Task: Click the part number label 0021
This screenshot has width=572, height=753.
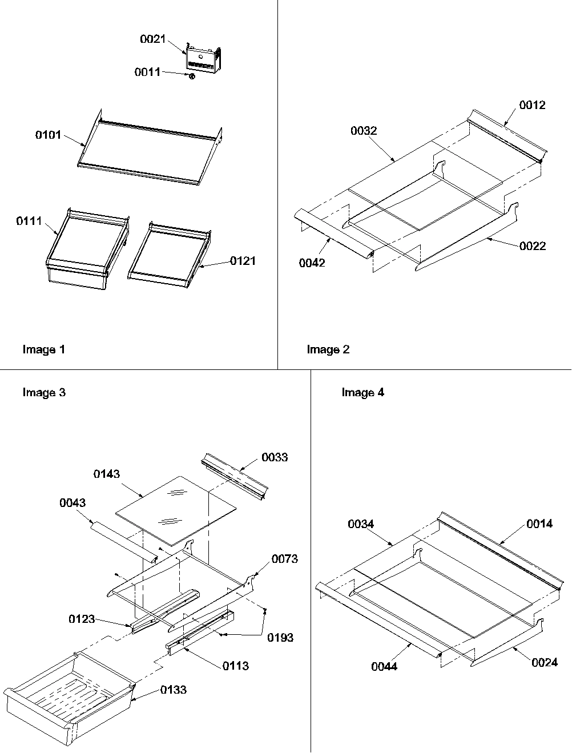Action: pos(152,39)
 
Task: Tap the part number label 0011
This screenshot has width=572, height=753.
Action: pos(147,73)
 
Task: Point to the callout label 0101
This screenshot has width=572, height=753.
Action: pos(48,135)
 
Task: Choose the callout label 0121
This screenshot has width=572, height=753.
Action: pos(243,261)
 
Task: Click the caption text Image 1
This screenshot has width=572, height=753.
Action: pos(43,349)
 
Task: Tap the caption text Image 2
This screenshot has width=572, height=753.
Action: pos(328,349)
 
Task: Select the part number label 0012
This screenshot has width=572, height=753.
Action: pos(532,105)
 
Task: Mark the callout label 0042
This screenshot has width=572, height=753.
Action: pos(312,263)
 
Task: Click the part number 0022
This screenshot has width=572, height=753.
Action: pos(532,246)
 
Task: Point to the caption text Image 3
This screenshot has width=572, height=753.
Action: pos(44,392)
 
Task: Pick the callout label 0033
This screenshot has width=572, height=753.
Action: pos(275,457)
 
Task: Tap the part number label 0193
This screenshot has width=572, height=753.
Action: pos(280,637)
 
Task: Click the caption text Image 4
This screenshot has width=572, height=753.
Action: pos(362,392)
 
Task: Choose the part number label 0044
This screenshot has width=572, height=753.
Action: pos(384,666)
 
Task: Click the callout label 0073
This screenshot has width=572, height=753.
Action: pos(285,559)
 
